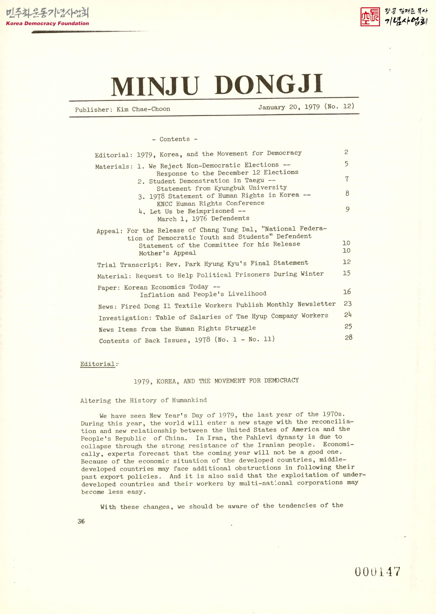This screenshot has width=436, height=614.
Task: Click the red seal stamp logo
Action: coord(370,17)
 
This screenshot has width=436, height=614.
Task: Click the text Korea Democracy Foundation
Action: coord(47,23)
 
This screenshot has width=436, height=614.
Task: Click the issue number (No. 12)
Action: coord(339,106)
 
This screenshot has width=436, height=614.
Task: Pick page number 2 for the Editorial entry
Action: coord(346,152)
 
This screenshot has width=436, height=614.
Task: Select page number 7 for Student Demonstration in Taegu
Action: coord(347,179)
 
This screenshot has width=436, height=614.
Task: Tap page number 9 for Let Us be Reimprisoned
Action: coord(347,209)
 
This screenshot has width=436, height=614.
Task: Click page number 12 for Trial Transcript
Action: coord(347,262)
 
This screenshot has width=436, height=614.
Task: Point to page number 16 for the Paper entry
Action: coord(347,291)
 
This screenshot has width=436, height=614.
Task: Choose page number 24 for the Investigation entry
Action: coord(348,315)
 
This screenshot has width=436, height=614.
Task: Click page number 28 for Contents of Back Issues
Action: coord(348,337)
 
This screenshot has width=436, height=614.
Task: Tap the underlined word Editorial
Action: coord(97,364)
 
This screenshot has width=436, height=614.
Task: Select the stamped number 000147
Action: coord(377,572)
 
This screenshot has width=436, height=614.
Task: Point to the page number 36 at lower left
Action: coord(81,521)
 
